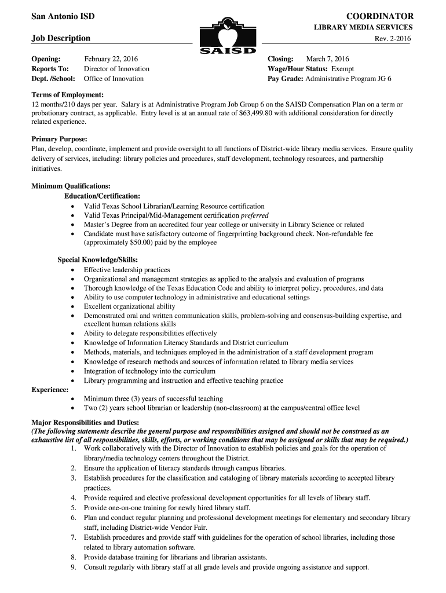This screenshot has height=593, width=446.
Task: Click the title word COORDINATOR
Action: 380,16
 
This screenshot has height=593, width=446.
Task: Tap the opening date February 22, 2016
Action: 111,59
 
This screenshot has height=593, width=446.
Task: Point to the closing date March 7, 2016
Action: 327,59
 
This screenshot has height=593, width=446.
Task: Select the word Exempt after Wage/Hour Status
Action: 342,68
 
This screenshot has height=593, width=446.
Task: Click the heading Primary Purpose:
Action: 59,140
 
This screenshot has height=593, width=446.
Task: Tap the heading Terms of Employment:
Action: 67,94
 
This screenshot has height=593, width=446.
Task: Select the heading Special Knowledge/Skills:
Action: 97,260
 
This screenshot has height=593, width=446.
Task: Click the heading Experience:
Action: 50,389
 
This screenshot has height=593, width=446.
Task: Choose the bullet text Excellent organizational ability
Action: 129,306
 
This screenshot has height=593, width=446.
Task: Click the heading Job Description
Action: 60,38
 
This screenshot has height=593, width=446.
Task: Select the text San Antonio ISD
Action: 63,16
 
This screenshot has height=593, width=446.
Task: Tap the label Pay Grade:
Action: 286,78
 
